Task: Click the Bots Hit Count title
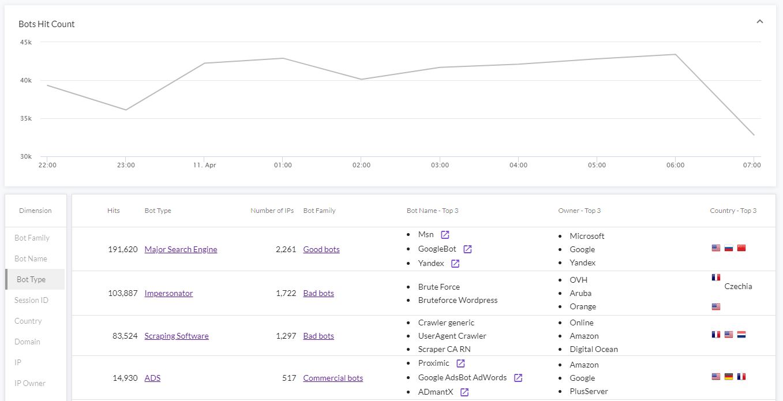click(x=47, y=24)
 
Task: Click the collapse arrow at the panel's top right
click(x=760, y=22)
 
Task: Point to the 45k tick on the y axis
click(x=25, y=42)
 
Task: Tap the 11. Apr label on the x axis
click(x=204, y=165)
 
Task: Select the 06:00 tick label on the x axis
click(x=675, y=165)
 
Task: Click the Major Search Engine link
click(x=181, y=249)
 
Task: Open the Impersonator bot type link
click(x=168, y=293)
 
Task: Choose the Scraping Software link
click(x=177, y=336)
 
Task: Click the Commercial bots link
click(x=333, y=378)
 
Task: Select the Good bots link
click(x=321, y=249)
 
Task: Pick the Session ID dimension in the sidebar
click(x=31, y=300)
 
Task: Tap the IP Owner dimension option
click(x=30, y=383)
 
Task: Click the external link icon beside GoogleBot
click(x=467, y=249)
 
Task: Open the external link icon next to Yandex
click(x=455, y=264)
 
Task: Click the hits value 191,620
click(x=123, y=249)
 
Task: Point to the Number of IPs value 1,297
click(x=286, y=336)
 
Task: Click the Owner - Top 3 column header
click(x=579, y=211)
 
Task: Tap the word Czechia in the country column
click(x=738, y=286)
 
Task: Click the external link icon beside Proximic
click(x=460, y=363)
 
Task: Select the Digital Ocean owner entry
click(x=593, y=349)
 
